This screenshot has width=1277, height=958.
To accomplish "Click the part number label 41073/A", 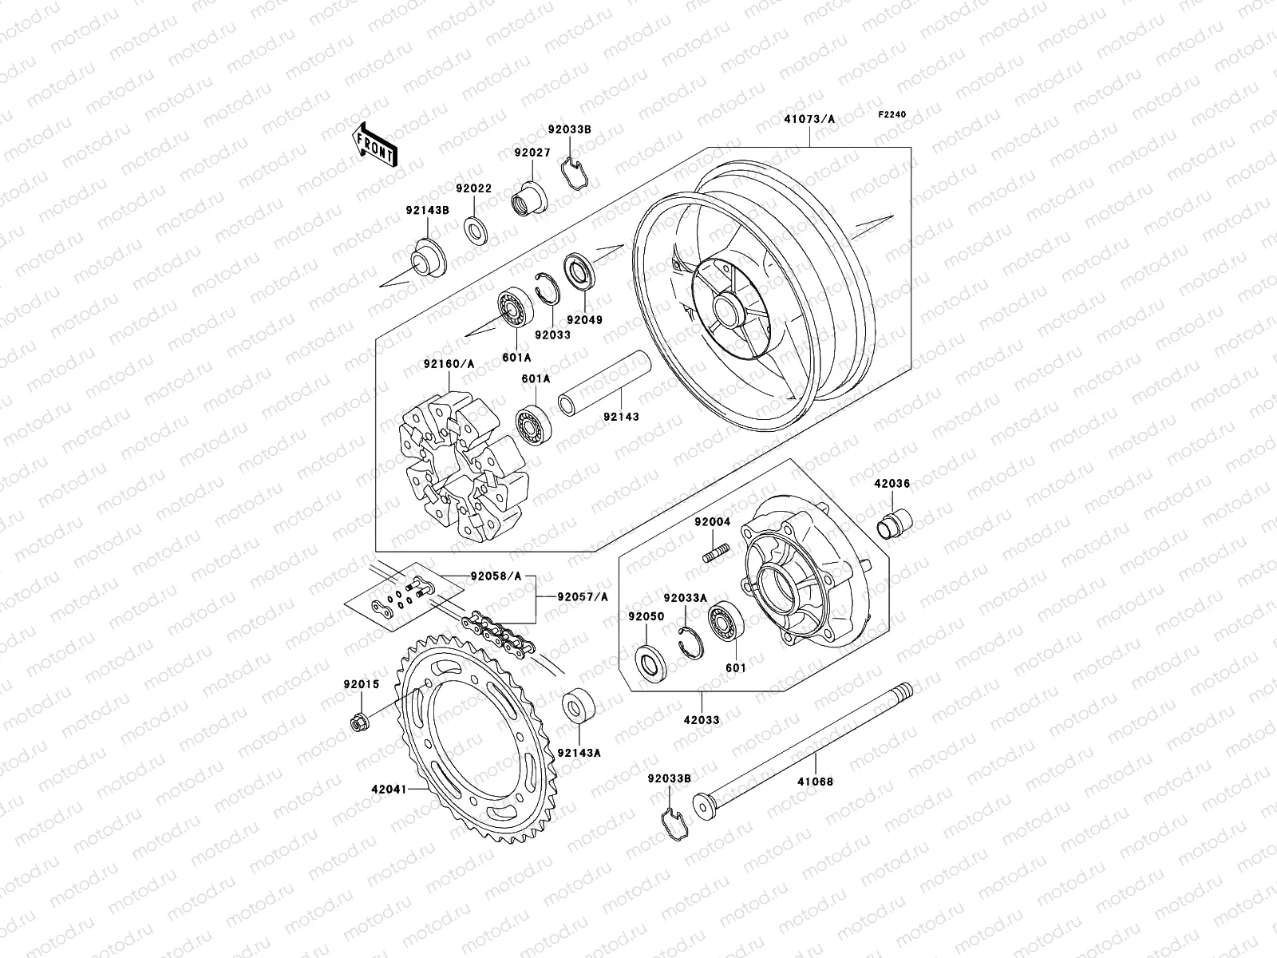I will (809, 120).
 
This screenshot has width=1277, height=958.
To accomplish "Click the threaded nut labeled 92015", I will (358, 723).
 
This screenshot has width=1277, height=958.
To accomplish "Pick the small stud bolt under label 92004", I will (716, 552).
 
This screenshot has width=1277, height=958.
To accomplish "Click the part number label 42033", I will (702, 719).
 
